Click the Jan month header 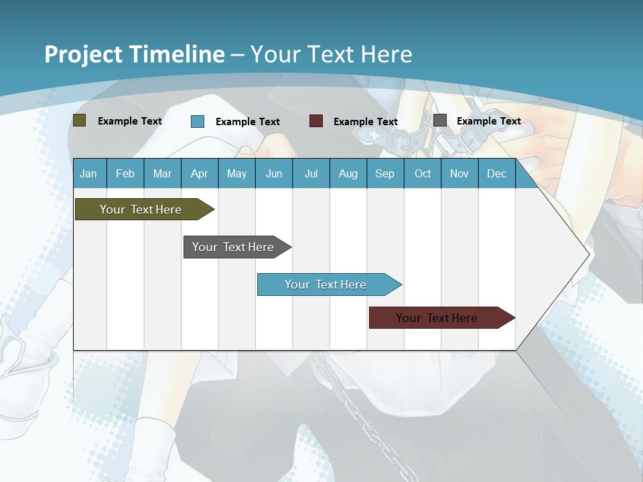[x=88, y=174]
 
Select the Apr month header [x=199, y=174]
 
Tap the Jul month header [x=311, y=174]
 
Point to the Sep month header [x=384, y=174]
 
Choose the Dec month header [x=496, y=174]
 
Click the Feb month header [x=125, y=174]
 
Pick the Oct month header [x=423, y=174]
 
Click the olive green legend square [x=79, y=120]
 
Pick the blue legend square [x=198, y=121]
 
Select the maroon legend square [x=316, y=120]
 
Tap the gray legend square [x=440, y=120]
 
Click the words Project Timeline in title [x=134, y=54]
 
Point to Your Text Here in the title [x=332, y=54]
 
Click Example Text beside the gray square [x=488, y=121]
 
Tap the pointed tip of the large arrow [x=587, y=254]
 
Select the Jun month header [x=274, y=174]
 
